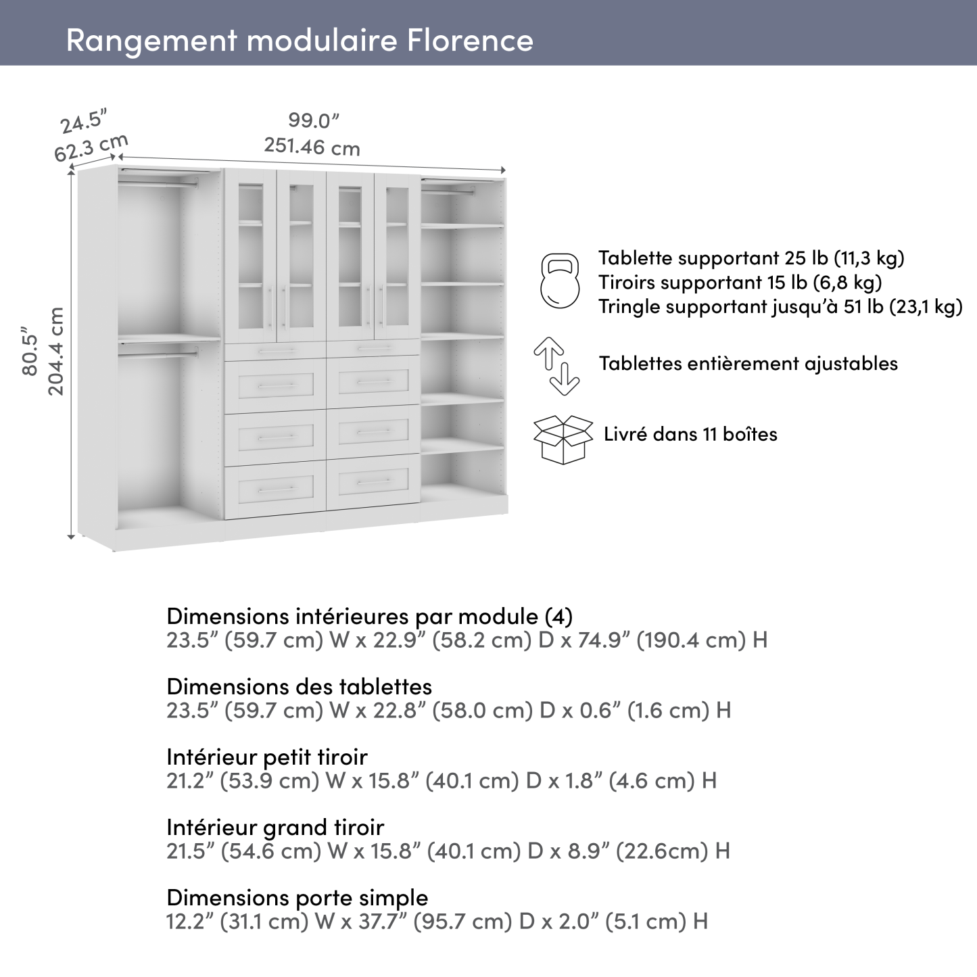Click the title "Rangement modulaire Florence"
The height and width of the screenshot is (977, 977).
pos(300,40)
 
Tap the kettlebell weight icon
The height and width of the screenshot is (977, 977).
pos(560,281)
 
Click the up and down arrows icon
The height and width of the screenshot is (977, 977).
pos(556,366)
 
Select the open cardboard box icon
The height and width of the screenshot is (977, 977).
pos(563,439)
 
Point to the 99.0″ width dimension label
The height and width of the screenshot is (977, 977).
pos(313,121)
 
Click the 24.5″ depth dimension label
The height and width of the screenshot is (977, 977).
pos(84,122)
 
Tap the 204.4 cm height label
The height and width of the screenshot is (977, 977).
pos(57,352)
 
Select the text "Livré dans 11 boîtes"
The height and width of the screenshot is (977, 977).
pos(690,434)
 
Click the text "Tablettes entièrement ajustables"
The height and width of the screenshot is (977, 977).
pos(748,364)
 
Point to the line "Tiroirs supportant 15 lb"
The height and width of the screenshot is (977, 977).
pos(740,282)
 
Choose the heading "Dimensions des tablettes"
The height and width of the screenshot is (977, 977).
pos(299,686)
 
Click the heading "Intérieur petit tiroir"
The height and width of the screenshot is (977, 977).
pos(266,757)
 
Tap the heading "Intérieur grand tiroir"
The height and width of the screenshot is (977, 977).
pos(275,827)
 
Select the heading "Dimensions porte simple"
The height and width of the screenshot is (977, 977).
pos(297,898)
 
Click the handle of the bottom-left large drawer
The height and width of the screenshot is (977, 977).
pos(277,489)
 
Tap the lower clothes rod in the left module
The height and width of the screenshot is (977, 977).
pos(158,351)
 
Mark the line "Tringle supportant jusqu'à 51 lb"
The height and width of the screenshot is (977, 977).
pos(780,307)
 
